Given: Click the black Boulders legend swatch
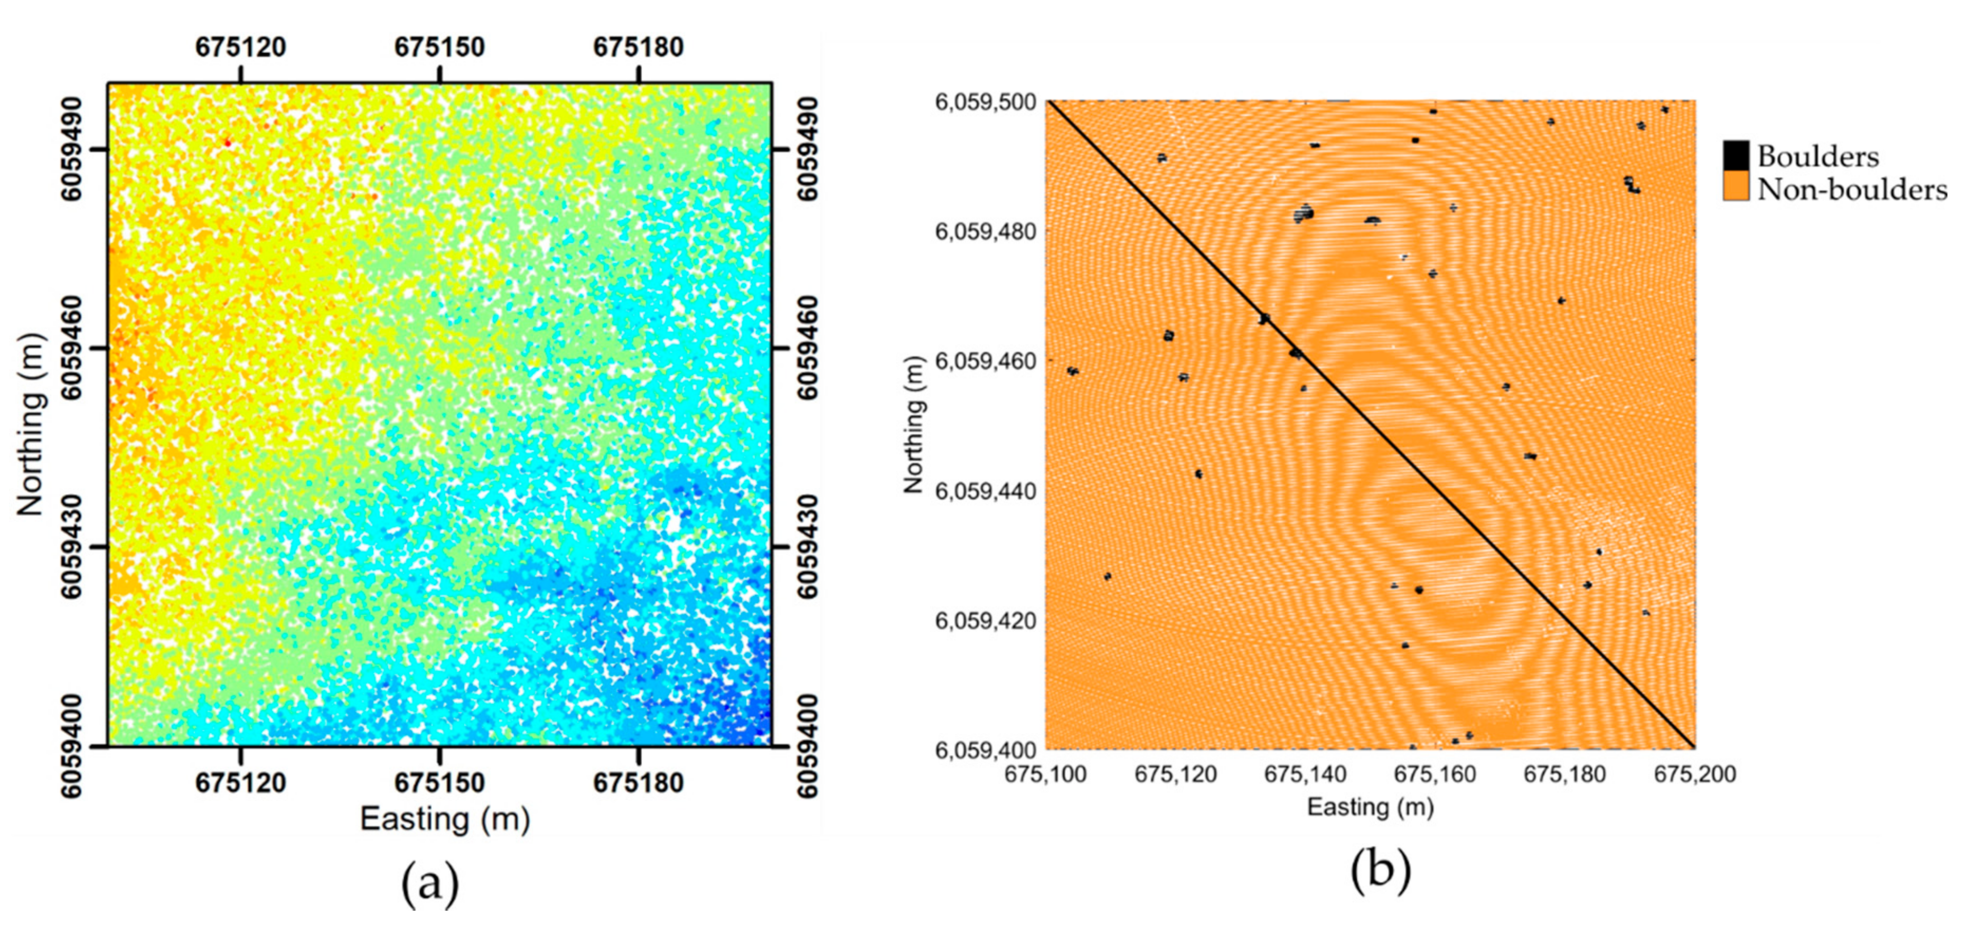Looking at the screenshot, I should (1736, 155).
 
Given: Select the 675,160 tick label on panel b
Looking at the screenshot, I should (1434, 774).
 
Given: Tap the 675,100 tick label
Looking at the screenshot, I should (1045, 774).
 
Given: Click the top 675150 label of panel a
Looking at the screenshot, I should (439, 48).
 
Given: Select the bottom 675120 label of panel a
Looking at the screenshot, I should (241, 783).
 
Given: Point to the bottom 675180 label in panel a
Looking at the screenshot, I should (638, 783).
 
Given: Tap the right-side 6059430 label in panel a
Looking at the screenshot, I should (808, 547).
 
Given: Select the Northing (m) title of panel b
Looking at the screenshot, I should (914, 425).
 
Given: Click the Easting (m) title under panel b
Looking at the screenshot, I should (1370, 807).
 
